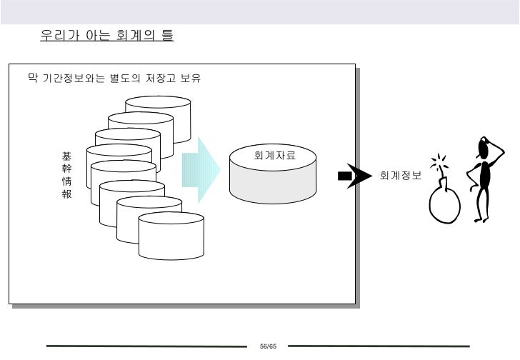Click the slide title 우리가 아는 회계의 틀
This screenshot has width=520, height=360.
click(107, 34)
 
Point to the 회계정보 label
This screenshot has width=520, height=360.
click(401, 176)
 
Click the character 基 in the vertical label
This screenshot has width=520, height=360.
click(66, 156)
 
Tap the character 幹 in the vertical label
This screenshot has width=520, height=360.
click(66, 169)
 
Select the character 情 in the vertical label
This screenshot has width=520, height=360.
click(66, 182)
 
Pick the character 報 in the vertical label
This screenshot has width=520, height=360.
click(66, 195)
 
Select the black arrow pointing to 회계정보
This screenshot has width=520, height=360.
click(356, 176)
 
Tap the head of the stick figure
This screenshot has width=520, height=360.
click(488, 146)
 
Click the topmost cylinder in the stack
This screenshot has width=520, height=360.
click(158, 107)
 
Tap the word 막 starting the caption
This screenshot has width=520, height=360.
click(32, 79)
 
